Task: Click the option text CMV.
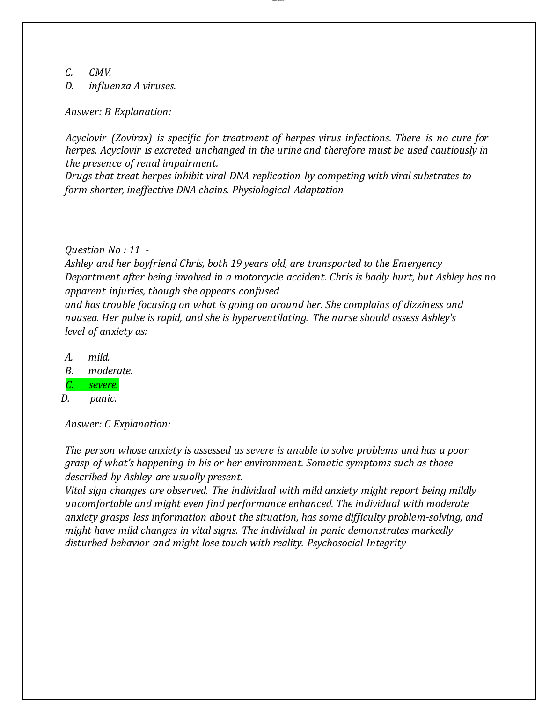click(100, 73)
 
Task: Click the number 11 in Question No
click(134, 250)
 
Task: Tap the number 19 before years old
click(236, 264)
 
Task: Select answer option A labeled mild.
click(99, 357)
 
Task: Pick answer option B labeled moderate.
click(110, 371)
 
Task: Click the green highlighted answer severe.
click(103, 385)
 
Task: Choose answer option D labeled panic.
click(103, 398)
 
